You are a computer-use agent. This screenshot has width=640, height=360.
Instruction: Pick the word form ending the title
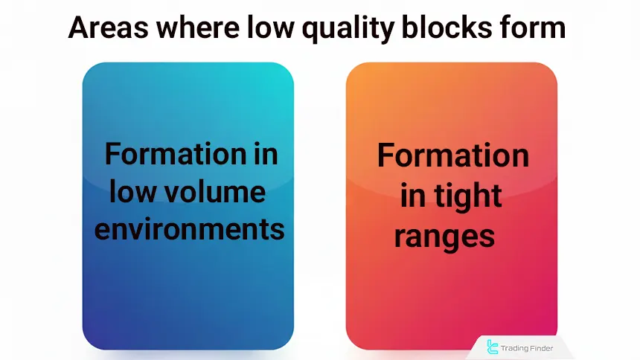[532, 28]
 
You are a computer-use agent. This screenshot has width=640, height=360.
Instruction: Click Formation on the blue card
[169, 154]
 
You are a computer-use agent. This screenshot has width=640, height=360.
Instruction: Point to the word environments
[188, 229]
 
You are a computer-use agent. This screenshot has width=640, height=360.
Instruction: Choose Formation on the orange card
[452, 156]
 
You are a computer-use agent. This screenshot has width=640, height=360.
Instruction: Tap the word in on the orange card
[414, 196]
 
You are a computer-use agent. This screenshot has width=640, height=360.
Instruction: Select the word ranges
[444, 237]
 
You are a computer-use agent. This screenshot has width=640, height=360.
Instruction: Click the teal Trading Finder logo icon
[492, 347]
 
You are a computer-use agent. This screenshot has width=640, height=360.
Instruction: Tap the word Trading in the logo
[516, 347]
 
